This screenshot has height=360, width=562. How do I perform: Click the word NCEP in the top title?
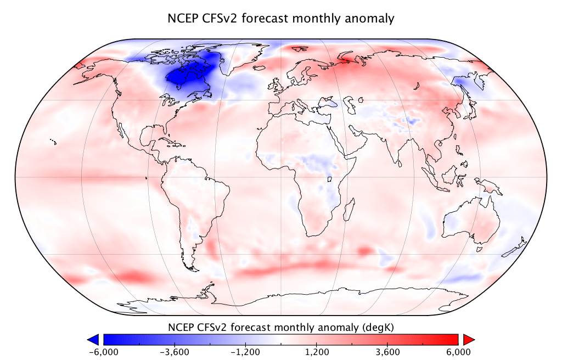click(x=182, y=18)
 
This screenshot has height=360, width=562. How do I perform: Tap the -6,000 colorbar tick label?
click(x=103, y=351)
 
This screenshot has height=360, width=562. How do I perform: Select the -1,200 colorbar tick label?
click(x=245, y=351)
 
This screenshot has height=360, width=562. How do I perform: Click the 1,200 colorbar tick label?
click(x=317, y=351)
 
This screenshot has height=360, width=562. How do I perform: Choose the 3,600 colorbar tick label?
click(x=387, y=351)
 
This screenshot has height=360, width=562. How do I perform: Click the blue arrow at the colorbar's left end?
click(x=93, y=339)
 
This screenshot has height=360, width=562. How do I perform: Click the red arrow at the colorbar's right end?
click(x=468, y=339)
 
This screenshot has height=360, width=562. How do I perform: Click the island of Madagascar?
click(x=348, y=210)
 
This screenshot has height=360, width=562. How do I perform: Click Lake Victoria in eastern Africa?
click(x=330, y=178)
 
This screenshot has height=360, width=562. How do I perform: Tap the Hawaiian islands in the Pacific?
click(x=53, y=142)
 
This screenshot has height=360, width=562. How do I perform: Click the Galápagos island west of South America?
click(x=147, y=178)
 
